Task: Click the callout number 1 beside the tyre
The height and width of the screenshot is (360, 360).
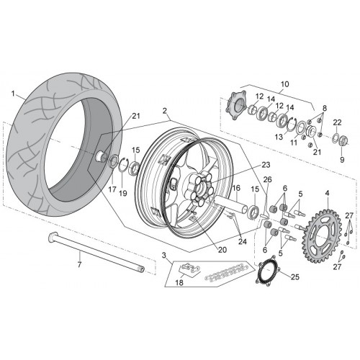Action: pos(14,94)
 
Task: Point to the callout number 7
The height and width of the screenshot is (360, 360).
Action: pos(79,264)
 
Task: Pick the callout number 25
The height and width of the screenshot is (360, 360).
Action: pos(295,277)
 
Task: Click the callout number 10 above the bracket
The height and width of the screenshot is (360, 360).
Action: pos(284,84)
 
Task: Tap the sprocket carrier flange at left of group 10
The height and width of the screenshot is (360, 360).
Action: pos(236,104)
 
